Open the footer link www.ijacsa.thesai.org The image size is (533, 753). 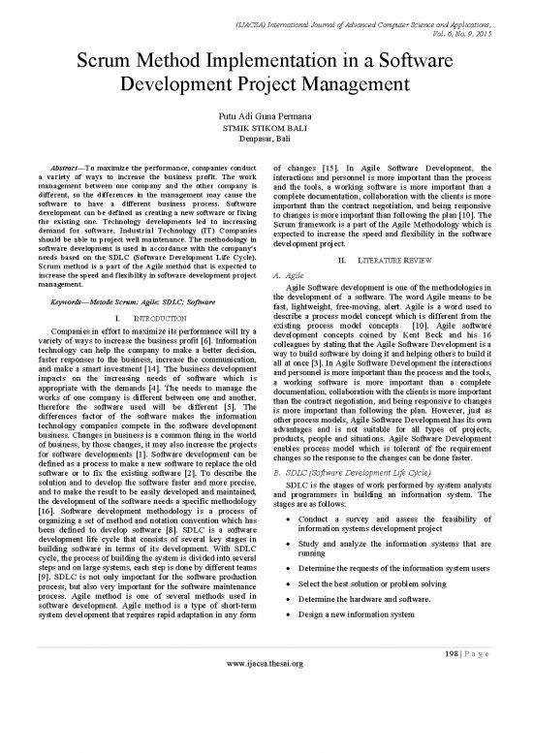266,744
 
